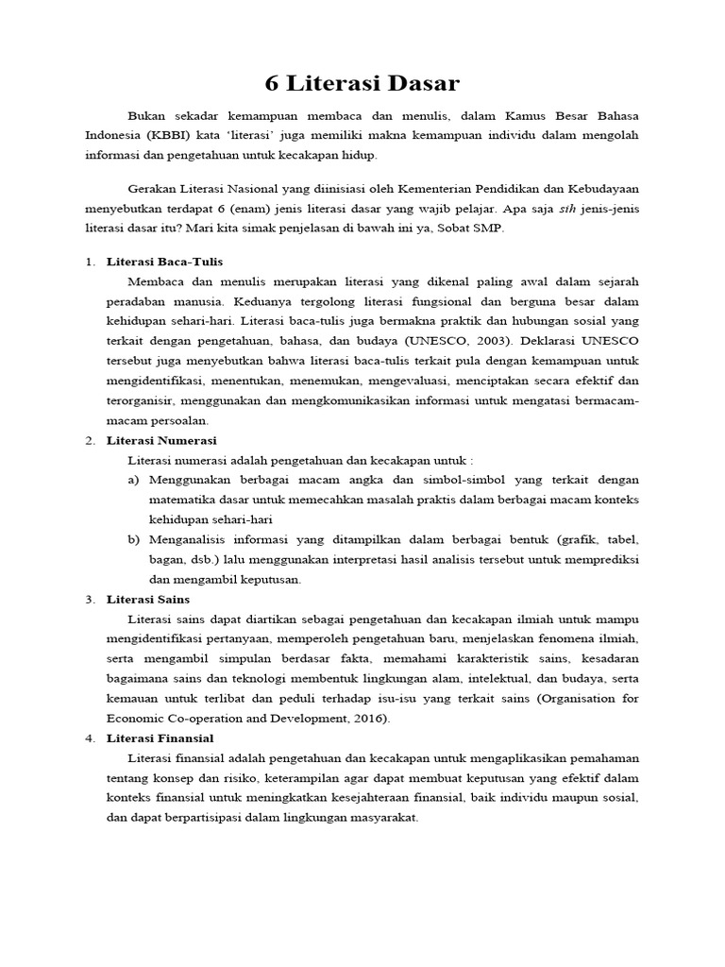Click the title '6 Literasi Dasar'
362,83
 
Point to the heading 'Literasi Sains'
148,599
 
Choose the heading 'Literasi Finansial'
160,738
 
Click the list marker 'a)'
133,480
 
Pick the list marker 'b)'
133,539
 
